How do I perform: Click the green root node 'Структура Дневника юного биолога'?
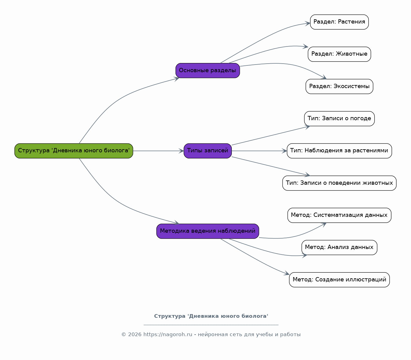pyautogui.click(x=74, y=151)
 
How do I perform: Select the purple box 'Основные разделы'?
pyautogui.click(x=208, y=71)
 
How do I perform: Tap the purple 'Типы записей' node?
pyautogui.click(x=208, y=151)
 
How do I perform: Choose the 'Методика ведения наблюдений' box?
pyautogui.click(x=208, y=231)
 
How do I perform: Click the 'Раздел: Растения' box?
pyautogui.click(x=339, y=22)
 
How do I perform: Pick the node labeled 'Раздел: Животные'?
pyautogui.click(x=339, y=54)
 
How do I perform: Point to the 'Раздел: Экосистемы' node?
pyautogui.click(x=339, y=86)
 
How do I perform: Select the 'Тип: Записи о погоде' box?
pyautogui.click(x=339, y=119)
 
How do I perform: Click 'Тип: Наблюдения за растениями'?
pyautogui.click(x=339, y=151)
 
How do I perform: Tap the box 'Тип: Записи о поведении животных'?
pyautogui.click(x=339, y=183)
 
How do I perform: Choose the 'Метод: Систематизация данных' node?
pyautogui.click(x=339, y=215)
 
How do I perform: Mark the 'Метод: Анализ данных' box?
pyautogui.click(x=339, y=247)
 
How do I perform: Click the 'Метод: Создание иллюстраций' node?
pyautogui.click(x=339, y=280)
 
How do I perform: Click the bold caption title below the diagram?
pyautogui.click(x=211, y=316)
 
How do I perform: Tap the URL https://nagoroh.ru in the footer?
pyautogui.click(x=168, y=335)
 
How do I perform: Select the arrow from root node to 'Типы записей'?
pyautogui.click(x=158, y=151)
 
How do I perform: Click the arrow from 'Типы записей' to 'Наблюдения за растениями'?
pyautogui.click(x=259, y=151)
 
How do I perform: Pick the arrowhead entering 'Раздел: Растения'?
pyautogui.click(x=308, y=24)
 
